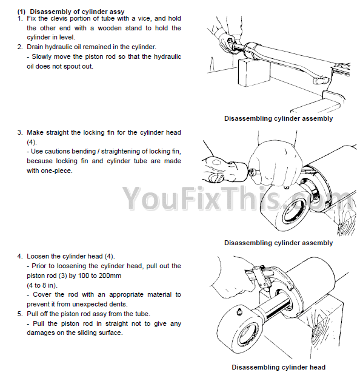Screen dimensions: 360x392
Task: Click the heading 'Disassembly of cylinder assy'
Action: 77,12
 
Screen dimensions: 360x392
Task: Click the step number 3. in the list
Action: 20,132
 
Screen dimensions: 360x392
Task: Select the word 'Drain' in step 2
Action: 35,47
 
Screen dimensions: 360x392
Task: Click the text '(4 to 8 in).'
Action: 42,285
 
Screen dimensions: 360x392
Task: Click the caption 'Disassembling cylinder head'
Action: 278,367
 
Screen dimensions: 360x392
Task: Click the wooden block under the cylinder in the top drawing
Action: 254,72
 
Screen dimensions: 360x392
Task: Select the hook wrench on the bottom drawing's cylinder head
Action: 270,277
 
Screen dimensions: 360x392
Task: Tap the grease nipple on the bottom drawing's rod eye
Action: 239,311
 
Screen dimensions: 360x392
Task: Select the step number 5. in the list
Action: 20,314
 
